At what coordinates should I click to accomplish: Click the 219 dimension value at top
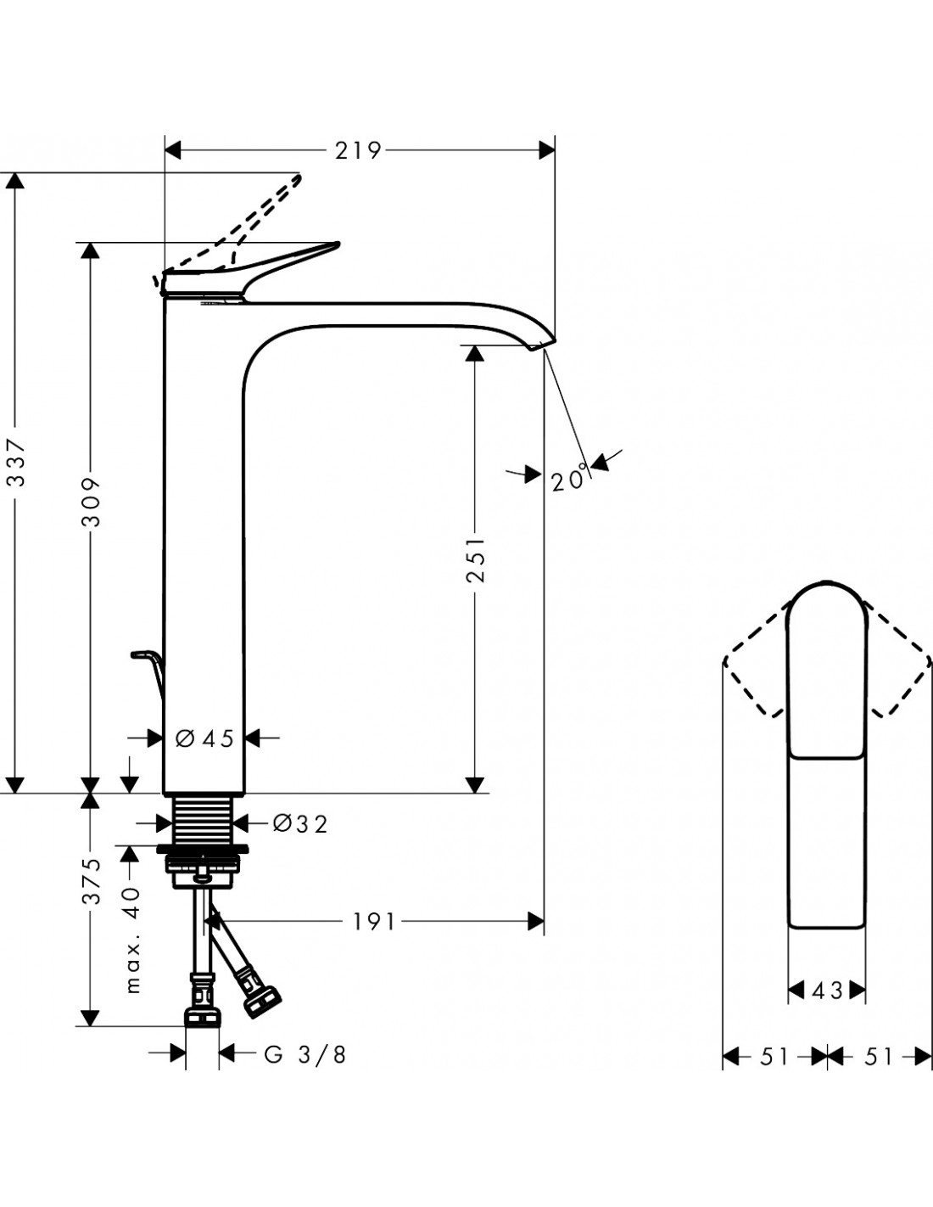pos(358,150)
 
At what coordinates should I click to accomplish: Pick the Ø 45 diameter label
pos(204,738)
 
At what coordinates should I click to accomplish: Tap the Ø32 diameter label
pos(300,824)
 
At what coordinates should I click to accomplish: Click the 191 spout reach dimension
pos(374,922)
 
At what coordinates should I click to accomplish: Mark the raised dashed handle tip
pos(300,177)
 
